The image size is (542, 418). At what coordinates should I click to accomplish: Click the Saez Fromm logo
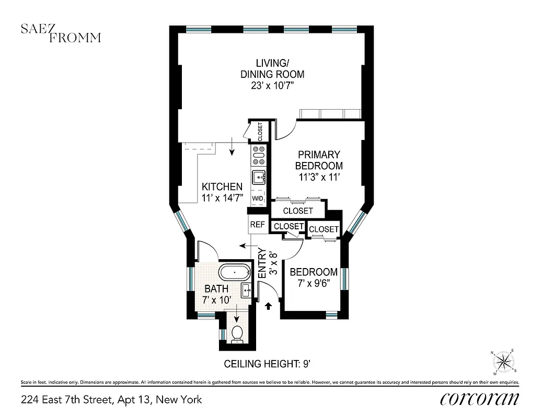tap(61, 32)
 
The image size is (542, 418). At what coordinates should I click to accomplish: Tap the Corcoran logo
tap(479, 399)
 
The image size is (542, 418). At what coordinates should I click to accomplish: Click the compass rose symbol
tap(503, 362)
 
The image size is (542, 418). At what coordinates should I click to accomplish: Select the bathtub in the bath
tap(234, 273)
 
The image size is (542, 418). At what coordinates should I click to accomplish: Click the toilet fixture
tap(237, 333)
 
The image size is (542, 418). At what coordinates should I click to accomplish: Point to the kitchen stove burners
tap(259, 155)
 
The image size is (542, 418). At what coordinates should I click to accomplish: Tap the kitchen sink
tap(259, 178)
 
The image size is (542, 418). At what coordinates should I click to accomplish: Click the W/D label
tap(258, 199)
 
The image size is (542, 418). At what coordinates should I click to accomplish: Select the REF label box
tap(257, 225)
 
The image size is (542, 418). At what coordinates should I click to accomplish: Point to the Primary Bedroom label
tap(319, 160)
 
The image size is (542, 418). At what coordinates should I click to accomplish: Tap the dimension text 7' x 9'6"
tap(314, 283)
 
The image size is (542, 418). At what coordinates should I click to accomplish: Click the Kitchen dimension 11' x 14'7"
tap(222, 198)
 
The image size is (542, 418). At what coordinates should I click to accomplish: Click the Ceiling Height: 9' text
tap(270, 364)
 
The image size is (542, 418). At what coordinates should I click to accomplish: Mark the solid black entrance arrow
tap(269, 306)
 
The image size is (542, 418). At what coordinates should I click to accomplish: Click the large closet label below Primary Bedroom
tap(298, 211)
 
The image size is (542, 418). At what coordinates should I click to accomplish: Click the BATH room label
tap(216, 288)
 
